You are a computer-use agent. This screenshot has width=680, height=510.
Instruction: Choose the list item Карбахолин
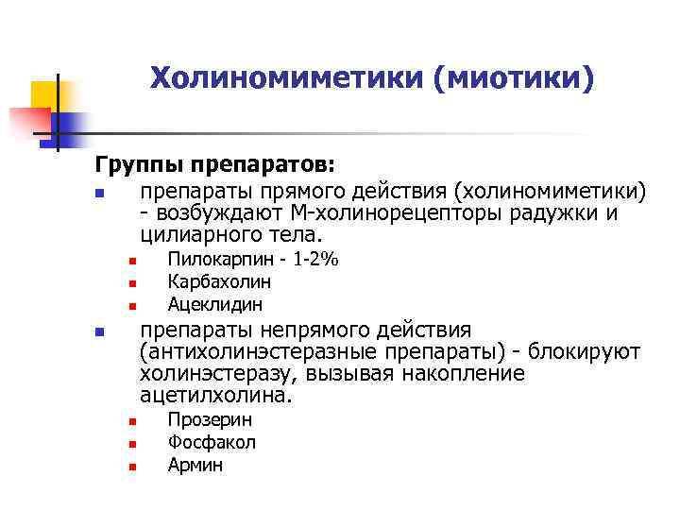(x=219, y=281)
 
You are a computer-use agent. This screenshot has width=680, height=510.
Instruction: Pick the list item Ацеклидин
(x=215, y=304)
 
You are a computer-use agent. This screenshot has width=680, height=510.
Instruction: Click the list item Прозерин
(x=210, y=419)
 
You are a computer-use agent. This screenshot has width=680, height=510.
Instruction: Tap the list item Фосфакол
(x=212, y=442)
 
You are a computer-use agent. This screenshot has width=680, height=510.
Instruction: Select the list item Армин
(x=195, y=465)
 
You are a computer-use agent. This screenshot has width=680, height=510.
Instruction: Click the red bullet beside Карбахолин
(x=133, y=282)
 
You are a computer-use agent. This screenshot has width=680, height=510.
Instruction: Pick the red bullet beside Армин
(x=133, y=466)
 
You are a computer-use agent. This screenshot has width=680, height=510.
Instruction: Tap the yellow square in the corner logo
(x=46, y=94)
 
